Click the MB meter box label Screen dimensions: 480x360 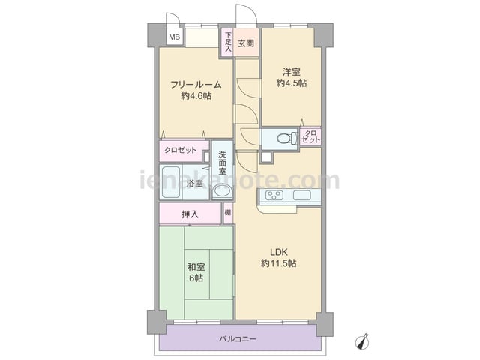(x=175, y=37)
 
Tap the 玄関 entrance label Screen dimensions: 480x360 (x=246, y=43)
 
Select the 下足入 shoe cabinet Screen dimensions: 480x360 (x=228, y=42)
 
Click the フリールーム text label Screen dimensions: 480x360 (x=196, y=85)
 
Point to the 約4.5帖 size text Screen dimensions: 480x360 (x=292, y=83)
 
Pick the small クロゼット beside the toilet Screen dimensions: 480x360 (x=310, y=136)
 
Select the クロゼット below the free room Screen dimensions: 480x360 (x=181, y=151)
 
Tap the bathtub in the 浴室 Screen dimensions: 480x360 (x=170, y=182)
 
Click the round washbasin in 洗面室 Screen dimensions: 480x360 (x=223, y=191)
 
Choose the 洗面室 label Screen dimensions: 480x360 (x=223, y=163)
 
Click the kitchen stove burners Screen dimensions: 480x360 (x=274, y=195)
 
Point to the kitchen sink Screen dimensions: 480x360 (x=302, y=195)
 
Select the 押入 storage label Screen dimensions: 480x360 (x=190, y=214)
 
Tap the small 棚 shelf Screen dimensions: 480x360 (x=228, y=213)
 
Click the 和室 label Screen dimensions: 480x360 (x=196, y=267)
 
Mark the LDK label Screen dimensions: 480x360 (x=278, y=252)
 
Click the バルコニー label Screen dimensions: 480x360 (x=238, y=339)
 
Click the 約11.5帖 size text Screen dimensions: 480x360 (x=278, y=263)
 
